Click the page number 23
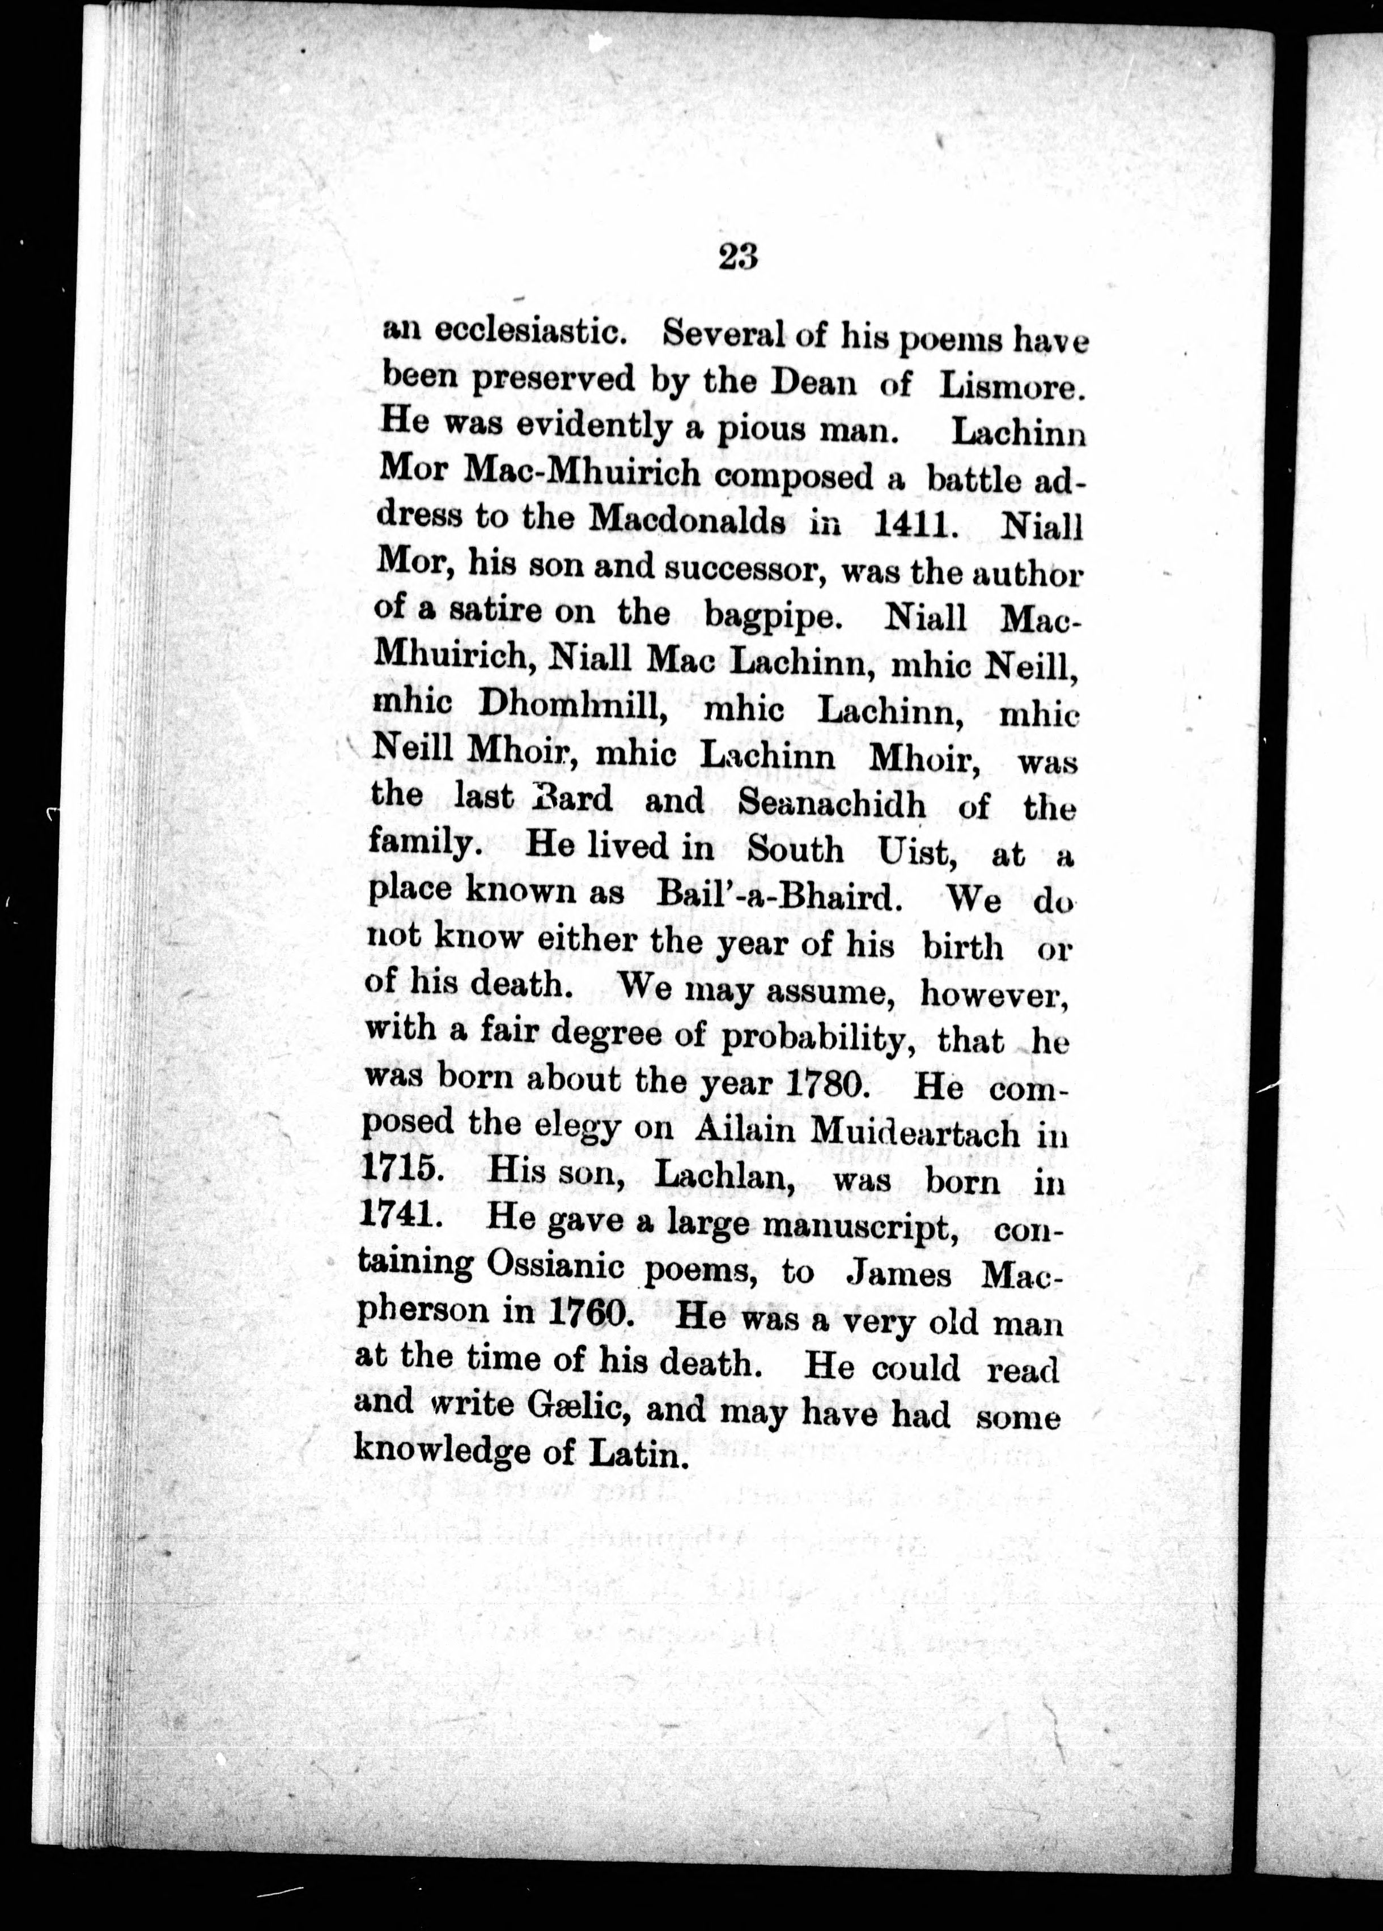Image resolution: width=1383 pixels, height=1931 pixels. tap(737, 256)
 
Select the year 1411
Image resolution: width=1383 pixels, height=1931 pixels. tap(912, 525)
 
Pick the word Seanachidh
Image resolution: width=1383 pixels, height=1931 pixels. tap(831, 801)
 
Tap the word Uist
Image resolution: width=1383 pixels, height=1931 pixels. tap(913, 850)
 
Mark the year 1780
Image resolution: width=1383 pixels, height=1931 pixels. tap(826, 1083)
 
